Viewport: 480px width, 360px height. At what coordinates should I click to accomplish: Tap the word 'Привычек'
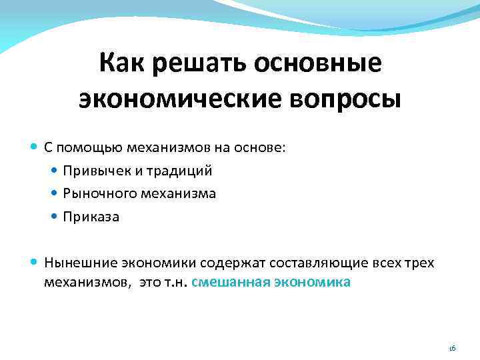[91, 171]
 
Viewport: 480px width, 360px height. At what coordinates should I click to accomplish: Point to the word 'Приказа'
[91, 217]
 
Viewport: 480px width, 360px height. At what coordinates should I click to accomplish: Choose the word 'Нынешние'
[74, 263]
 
